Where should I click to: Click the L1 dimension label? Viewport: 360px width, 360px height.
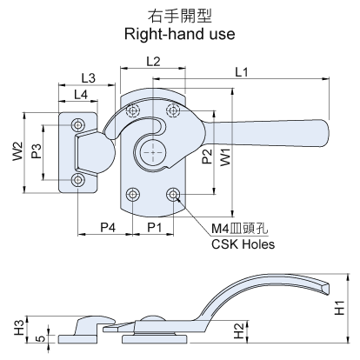[x=242, y=72]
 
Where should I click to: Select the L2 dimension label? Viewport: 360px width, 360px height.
[x=153, y=62]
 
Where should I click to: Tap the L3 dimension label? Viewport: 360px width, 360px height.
[x=88, y=78]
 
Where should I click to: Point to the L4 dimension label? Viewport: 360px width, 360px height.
[x=81, y=95]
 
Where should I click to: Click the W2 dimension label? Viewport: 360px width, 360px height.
[x=17, y=151]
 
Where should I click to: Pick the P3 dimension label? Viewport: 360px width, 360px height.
[x=37, y=151]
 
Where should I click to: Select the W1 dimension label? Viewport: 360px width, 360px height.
[x=225, y=157]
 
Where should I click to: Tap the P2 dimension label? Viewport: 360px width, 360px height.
[x=207, y=157]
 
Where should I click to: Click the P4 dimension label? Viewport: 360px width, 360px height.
[x=108, y=228]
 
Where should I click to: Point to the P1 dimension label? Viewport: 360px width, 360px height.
[x=154, y=228]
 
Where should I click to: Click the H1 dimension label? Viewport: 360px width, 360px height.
[x=339, y=308]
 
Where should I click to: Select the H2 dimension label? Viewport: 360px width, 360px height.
[x=239, y=331]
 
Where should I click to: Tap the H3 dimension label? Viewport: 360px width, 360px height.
[x=19, y=328]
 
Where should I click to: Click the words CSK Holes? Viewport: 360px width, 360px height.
[x=243, y=244]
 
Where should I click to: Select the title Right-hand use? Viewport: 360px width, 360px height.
[x=180, y=34]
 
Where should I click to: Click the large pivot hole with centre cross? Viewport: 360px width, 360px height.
[x=153, y=152]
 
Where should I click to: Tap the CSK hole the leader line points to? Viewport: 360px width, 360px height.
[x=173, y=194]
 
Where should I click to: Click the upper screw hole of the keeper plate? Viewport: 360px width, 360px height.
[x=77, y=125]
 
